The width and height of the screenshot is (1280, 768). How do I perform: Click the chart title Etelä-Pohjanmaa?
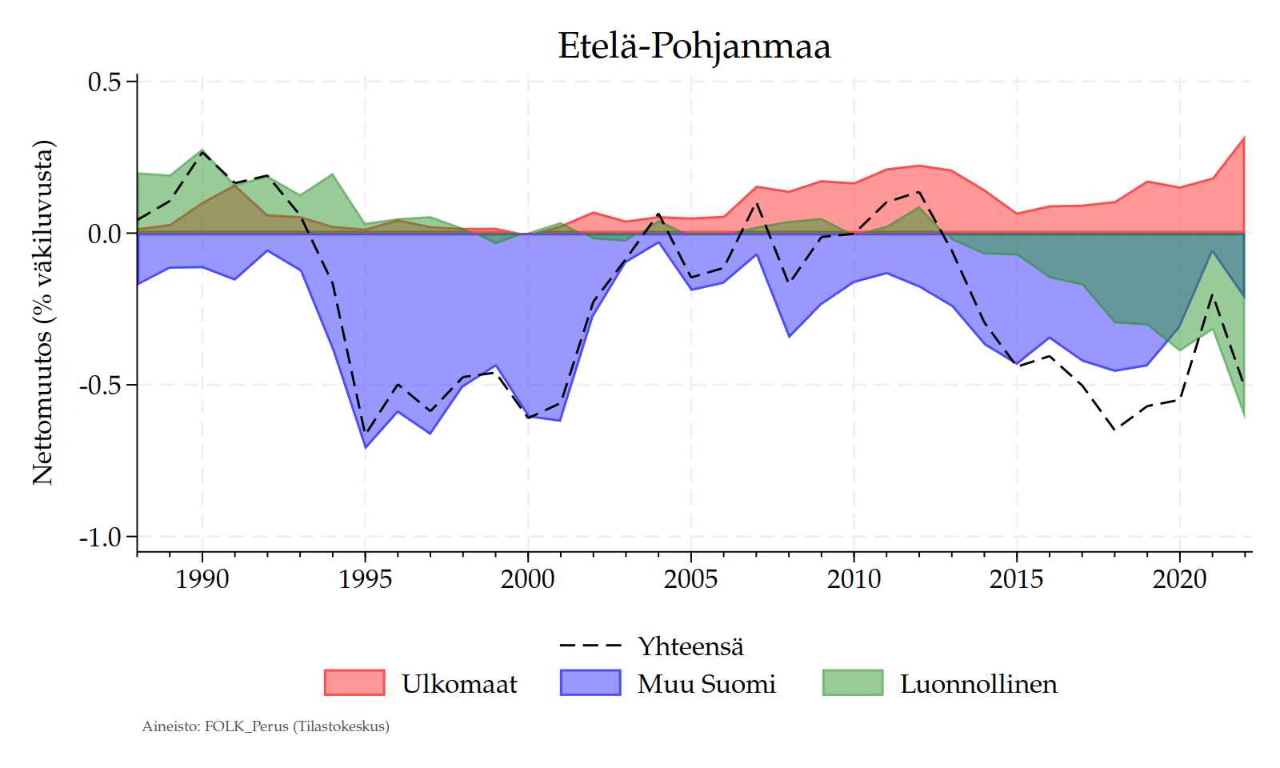tap(694, 46)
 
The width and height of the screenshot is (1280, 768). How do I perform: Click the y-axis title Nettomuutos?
tap(43, 313)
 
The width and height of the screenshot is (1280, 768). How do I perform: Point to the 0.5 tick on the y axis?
tap(104, 82)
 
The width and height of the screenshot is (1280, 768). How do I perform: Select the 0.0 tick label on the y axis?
tap(104, 234)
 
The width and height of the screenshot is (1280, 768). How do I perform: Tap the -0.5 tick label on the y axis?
tap(100, 386)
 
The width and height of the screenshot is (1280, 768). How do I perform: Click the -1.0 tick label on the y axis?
tap(100, 537)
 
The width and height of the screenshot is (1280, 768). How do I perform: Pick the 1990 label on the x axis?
tap(202, 578)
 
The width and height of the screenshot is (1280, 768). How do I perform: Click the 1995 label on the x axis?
tap(365, 578)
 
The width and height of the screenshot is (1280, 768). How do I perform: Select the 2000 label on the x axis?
tap(528, 578)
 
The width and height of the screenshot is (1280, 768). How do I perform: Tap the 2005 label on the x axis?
tap(690, 578)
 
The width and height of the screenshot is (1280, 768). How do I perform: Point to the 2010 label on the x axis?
tap(854, 578)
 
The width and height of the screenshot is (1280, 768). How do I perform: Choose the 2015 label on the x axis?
tap(1016, 578)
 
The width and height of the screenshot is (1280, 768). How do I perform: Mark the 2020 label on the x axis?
tap(1179, 578)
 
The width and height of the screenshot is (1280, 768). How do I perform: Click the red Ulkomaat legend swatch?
tap(354, 682)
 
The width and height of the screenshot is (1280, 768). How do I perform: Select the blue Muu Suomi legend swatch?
tap(590, 682)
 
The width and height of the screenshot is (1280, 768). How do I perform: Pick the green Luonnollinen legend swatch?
tap(853, 682)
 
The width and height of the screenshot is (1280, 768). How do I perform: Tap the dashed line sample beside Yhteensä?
tap(590, 645)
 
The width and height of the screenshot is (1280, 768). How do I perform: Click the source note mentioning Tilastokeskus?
tap(266, 726)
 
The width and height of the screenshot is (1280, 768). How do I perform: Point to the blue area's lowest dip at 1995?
tap(365, 446)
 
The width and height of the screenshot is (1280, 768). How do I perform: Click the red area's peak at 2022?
tap(1243, 139)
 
